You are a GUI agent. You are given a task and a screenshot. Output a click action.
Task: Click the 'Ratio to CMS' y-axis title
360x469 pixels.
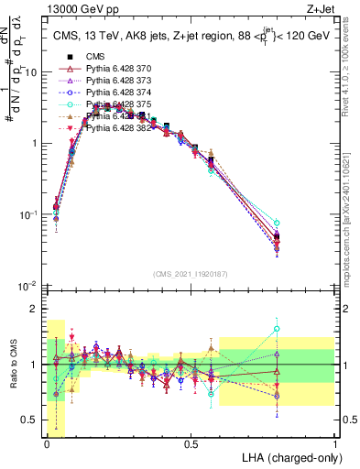12,365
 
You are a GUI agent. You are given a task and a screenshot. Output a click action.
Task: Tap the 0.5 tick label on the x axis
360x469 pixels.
191,443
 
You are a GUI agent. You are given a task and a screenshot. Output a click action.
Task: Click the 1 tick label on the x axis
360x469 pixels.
335,443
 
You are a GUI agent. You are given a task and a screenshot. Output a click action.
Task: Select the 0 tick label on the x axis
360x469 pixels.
47,443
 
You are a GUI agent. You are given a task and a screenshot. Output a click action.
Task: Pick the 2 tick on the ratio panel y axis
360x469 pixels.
36,309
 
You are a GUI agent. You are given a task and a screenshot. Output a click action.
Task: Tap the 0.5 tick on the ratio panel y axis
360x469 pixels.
32,420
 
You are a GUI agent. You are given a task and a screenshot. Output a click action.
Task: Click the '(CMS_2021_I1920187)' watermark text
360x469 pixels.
191,274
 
